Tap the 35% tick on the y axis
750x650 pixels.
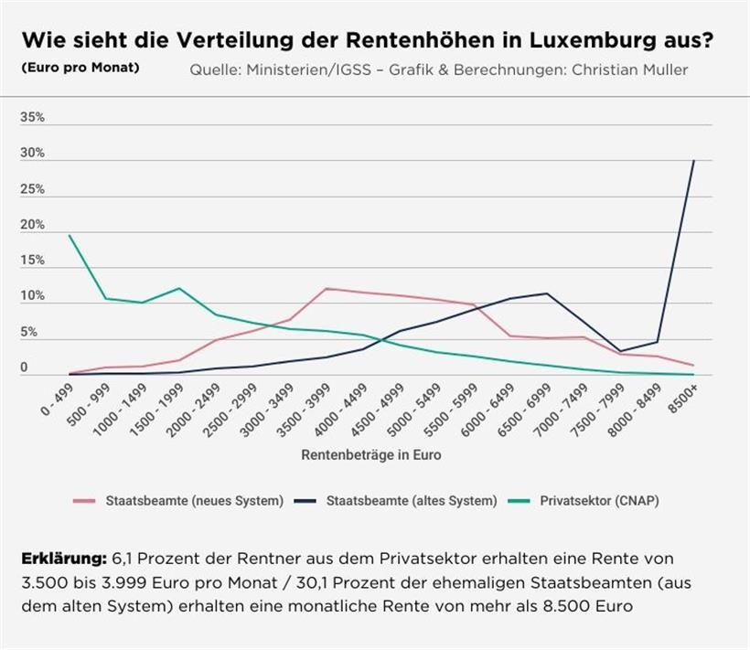pos(32,118)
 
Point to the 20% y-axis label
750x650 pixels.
pos(32,225)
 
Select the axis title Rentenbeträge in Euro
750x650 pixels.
pos(371,454)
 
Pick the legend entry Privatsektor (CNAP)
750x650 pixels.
pos(599,500)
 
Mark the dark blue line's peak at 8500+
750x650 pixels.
pos(693,161)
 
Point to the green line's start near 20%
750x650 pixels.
pos(70,236)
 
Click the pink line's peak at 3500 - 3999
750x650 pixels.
pos(327,288)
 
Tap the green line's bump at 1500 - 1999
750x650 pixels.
pos(179,288)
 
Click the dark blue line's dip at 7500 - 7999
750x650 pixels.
pos(620,351)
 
